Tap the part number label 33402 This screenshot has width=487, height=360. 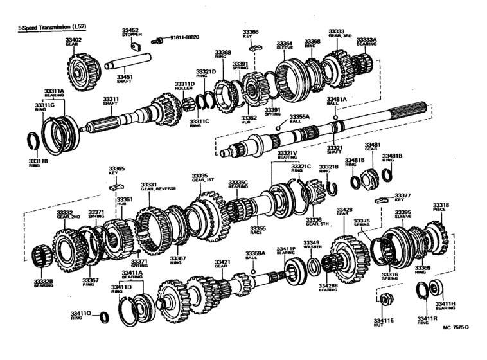(73, 40)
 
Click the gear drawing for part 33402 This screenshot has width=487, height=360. (81, 65)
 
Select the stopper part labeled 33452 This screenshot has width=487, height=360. (135, 46)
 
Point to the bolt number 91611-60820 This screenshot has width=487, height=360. (184, 38)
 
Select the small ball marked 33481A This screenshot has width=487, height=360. (336, 118)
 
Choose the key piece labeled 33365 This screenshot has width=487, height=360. (116, 186)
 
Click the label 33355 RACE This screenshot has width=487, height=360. (257, 230)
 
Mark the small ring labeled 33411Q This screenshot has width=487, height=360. (103, 318)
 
